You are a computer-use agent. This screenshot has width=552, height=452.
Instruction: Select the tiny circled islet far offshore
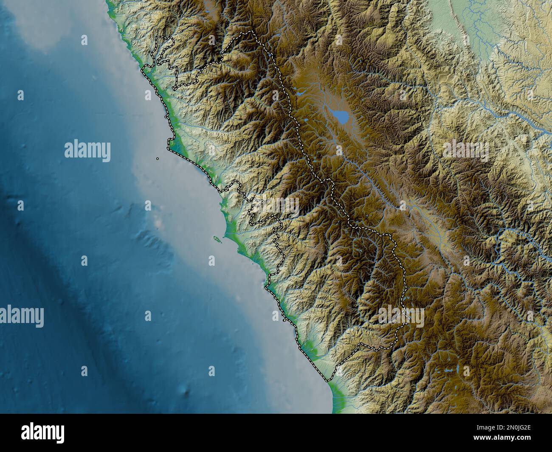(157, 159)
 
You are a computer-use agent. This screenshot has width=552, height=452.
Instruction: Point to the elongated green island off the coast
(217, 240)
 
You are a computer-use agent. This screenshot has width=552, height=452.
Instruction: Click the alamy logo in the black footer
(43, 432)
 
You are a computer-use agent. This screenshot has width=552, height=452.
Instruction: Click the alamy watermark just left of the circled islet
(87, 151)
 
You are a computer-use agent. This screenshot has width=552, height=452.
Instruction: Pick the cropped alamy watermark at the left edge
(21, 317)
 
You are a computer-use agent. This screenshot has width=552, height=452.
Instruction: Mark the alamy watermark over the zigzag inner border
(276, 206)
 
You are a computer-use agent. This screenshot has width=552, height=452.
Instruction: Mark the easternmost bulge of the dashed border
(406, 280)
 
